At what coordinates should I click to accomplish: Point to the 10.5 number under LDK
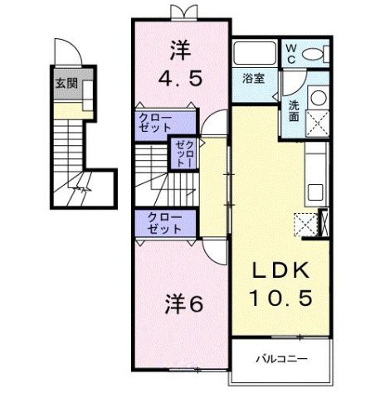(282, 296)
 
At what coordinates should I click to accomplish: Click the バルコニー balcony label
(280, 359)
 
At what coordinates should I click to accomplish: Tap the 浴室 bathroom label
(254, 79)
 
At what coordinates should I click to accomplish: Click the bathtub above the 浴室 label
(255, 54)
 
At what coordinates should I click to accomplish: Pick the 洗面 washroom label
(295, 111)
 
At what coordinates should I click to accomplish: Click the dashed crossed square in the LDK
(305, 222)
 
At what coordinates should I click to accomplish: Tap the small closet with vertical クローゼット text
(182, 154)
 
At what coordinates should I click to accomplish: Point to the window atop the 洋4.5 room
(182, 12)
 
